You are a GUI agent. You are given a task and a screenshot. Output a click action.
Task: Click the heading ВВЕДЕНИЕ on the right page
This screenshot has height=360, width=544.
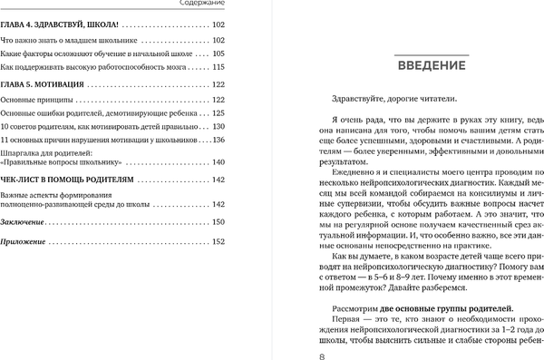tap(431, 65)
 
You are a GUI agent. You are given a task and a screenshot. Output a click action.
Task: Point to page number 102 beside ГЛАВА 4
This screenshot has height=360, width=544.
tap(218, 24)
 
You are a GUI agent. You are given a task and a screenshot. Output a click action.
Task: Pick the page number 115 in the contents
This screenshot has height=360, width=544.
tap(218, 54)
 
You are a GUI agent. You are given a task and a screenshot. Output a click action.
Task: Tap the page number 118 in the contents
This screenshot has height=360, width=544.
tap(218, 68)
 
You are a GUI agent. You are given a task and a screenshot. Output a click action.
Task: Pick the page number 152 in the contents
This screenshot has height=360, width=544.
tap(218, 242)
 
